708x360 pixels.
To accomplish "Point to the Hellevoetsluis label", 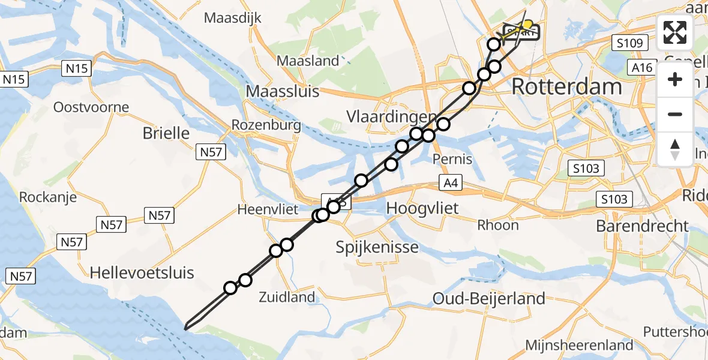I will [x=142, y=273].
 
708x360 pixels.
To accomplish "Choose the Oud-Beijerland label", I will [x=489, y=298].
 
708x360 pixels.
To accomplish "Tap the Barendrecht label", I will [x=642, y=226].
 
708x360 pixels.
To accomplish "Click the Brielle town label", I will [x=166, y=133].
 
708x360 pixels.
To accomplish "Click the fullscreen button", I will [x=675, y=32].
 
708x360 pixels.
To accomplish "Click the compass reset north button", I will [x=675, y=149].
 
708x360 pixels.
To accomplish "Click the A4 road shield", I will [x=451, y=183].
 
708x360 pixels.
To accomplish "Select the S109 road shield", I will [x=628, y=43].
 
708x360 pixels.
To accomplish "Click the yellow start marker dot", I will [x=528, y=25].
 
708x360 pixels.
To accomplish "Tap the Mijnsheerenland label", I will [x=579, y=345].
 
